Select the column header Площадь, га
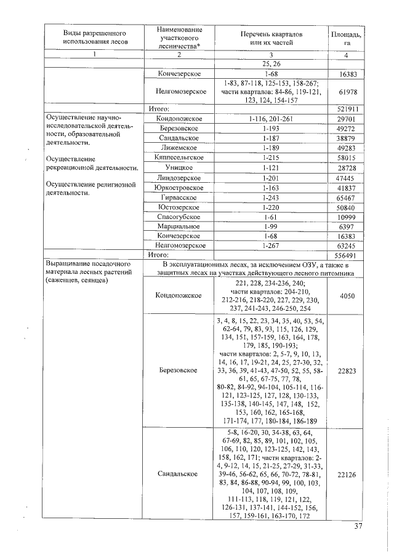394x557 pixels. coord(346,38)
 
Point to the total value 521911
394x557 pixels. coord(346,108)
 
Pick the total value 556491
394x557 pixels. coord(346,255)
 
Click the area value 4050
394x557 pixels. coord(346,295)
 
